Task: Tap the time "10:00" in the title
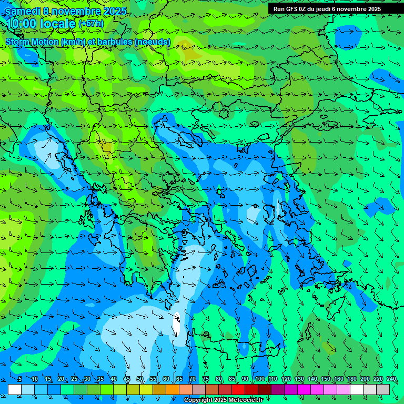point(21,24)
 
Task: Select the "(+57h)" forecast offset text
point(91,24)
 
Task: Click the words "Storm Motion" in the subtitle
point(33,42)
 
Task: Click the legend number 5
point(20,379)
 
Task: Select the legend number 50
point(139,379)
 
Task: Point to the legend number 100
point(259,379)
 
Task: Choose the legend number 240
point(391,379)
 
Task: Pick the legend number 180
point(351,379)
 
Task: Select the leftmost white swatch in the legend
point(15,389)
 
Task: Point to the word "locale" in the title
point(56,24)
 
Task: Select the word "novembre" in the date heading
point(76,11)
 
